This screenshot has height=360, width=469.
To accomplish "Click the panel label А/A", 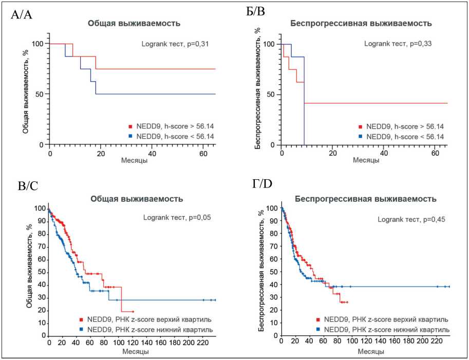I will pyautogui.click(x=22, y=14).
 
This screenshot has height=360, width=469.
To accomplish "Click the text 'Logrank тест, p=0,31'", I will pyautogui.click(x=176, y=44).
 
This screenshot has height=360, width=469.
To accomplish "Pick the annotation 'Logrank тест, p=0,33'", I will pyautogui.click(x=398, y=44).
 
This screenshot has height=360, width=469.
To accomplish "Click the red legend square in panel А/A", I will pyautogui.click(x=132, y=126).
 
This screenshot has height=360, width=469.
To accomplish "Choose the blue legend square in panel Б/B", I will pyautogui.click(x=363, y=136).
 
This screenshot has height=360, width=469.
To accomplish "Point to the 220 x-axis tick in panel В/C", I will pyautogui.click(x=203, y=343).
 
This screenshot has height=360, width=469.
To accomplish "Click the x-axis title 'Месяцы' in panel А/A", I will pyautogui.click(x=135, y=161).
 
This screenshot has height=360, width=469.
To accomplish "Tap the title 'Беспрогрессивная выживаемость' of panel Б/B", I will pyautogui.click(x=361, y=24).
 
